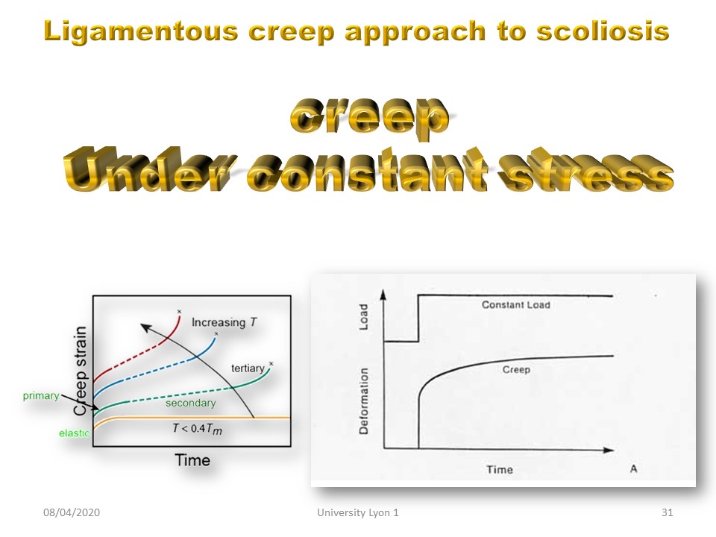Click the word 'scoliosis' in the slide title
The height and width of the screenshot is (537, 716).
coord(603,31)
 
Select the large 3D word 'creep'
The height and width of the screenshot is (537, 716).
coord(369,117)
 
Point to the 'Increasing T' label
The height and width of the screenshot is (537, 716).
coord(224,322)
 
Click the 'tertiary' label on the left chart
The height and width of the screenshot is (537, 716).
coord(248,368)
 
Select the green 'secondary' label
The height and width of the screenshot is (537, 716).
coord(190,403)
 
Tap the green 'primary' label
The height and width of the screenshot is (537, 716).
coord(41,395)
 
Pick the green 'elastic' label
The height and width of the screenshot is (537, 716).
coord(74,433)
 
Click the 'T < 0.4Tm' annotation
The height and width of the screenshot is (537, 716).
coord(197,428)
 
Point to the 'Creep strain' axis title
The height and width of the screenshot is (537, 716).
coord(81,371)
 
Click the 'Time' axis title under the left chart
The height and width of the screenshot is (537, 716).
coord(192,460)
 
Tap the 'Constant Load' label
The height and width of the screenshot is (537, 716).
coord(515,304)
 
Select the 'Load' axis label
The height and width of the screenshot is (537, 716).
coord(363,317)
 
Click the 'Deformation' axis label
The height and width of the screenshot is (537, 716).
coord(363,401)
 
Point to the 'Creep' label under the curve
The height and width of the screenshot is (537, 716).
coord(516,369)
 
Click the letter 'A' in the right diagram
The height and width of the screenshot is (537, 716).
coord(633,468)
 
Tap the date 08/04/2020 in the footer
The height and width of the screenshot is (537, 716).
coord(72,512)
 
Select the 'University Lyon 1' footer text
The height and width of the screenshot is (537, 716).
coord(358,513)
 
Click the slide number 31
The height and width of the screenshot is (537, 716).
coord(667,512)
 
